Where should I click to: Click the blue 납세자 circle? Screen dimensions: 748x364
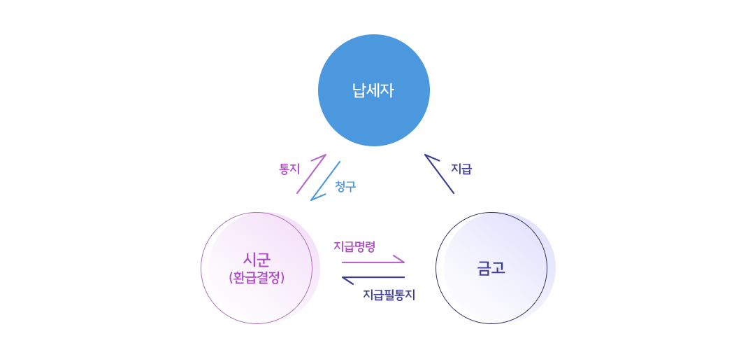pyautogui.click(x=374, y=90)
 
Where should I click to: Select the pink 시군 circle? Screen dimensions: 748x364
pyautogui.click(x=257, y=268)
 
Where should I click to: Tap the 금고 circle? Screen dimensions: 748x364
pyautogui.click(x=491, y=268)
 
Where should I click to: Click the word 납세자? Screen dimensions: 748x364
pyautogui.click(x=373, y=90)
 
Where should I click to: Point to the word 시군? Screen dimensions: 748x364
pyautogui.click(x=257, y=260)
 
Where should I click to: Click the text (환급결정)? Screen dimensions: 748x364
pyautogui.click(x=257, y=277)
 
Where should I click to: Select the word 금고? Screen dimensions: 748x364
pyautogui.click(x=491, y=268)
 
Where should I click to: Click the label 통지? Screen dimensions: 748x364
pyautogui.click(x=289, y=169)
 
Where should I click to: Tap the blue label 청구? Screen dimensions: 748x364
pyautogui.click(x=345, y=186)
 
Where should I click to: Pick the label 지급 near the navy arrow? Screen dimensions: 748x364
pyautogui.click(x=461, y=169)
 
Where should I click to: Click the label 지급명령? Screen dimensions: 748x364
pyautogui.click(x=354, y=246)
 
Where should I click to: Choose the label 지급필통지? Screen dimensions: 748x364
pyautogui.click(x=389, y=295)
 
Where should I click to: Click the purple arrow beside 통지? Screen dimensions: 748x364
pyautogui.click(x=311, y=174)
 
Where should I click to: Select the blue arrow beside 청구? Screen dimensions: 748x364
pyautogui.click(x=325, y=181)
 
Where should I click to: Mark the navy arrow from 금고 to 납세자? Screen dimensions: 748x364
pyautogui.click(x=439, y=174)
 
